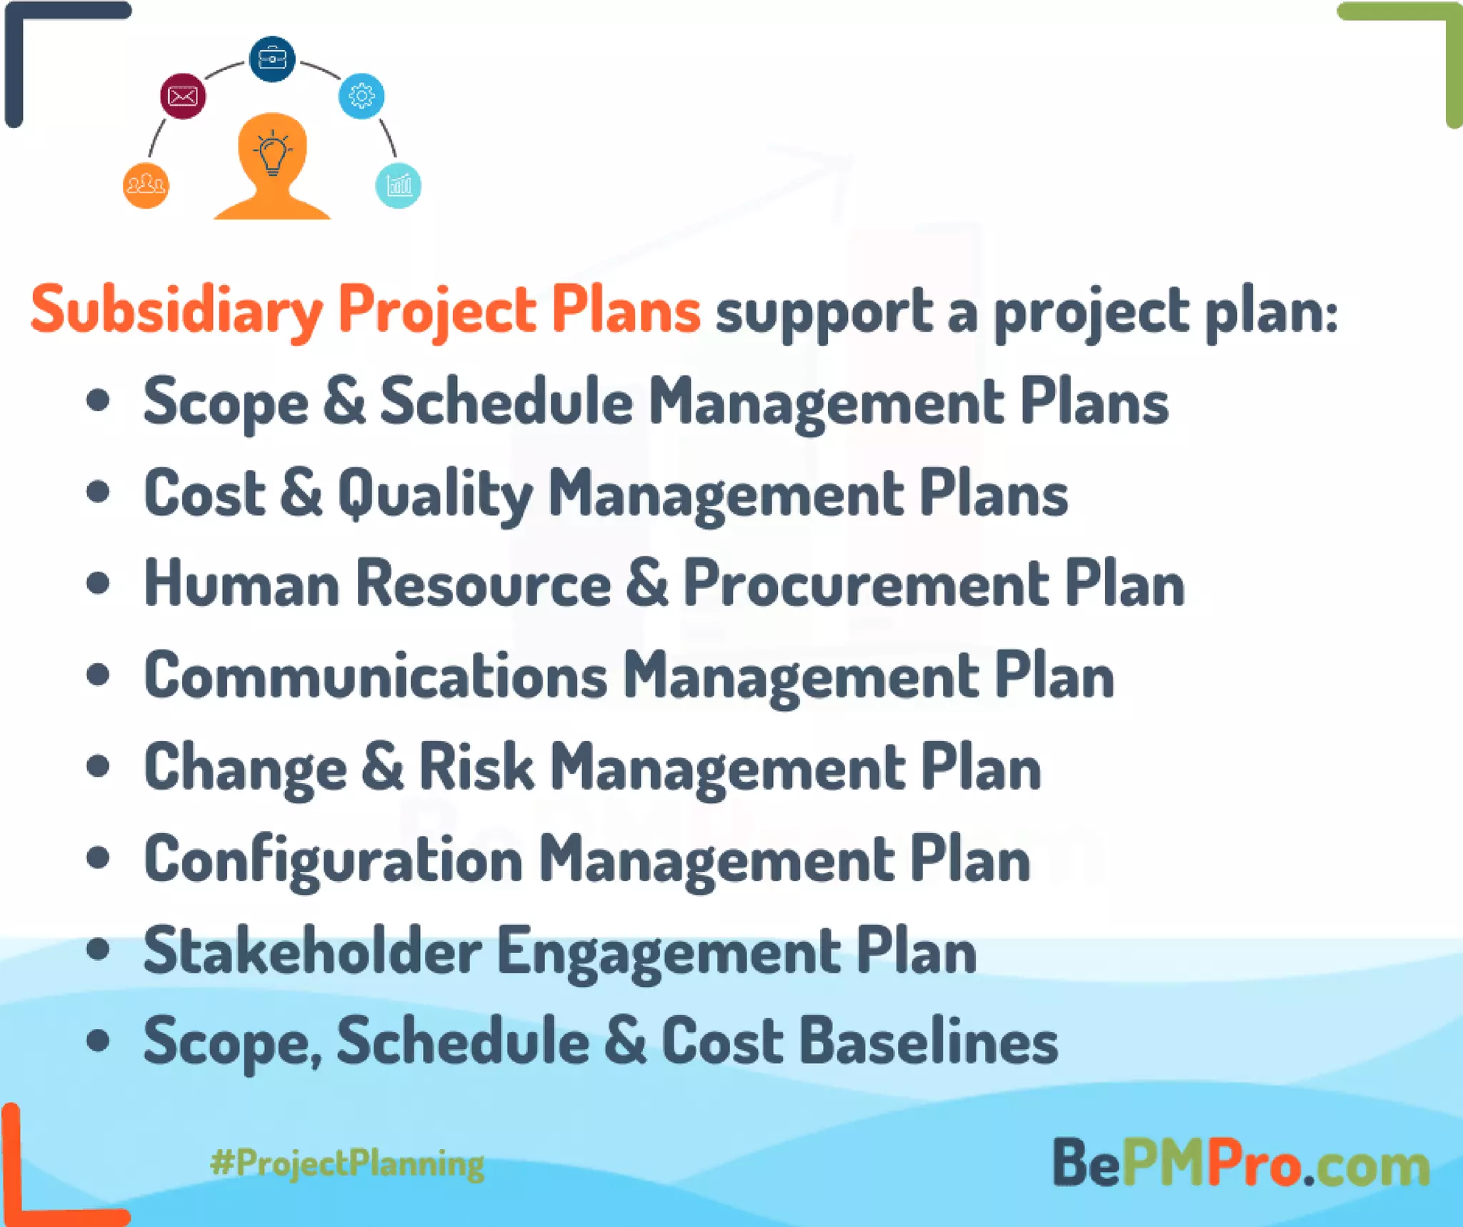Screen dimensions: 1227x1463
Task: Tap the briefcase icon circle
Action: (x=272, y=59)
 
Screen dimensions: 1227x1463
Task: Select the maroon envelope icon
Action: (x=183, y=96)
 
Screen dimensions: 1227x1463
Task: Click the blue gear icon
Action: (x=361, y=96)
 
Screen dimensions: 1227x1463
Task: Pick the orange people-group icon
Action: (x=146, y=186)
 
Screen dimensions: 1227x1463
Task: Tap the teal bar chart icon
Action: (x=398, y=186)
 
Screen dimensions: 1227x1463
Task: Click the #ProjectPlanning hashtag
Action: (x=347, y=1163)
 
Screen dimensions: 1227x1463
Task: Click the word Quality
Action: (x=435, y=495)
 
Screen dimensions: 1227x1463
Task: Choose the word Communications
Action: (x=376, y=676)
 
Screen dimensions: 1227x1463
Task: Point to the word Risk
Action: (x=476, y=767)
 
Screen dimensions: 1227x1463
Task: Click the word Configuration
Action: (x=334, y=860)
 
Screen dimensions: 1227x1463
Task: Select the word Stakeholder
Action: (x=313, y=951)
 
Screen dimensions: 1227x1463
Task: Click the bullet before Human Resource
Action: (x=98, y=583)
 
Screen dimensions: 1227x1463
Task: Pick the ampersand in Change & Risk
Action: (x=383, y=767)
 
